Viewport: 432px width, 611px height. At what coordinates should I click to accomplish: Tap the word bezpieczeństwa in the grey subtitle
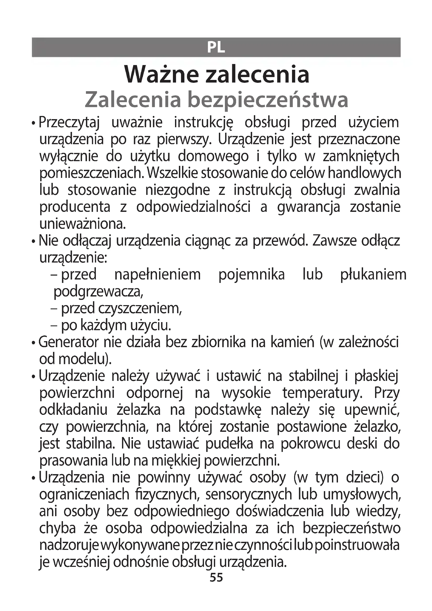click(268, 100)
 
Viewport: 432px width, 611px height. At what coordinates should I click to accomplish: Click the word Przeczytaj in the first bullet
click(69, 123)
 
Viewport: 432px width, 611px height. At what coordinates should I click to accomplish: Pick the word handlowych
click(364, 173)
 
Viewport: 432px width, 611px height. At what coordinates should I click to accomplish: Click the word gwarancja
click(308, 207)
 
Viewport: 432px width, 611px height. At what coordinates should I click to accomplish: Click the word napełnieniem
click(157, 275)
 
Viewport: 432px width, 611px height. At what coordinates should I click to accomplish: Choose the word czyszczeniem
click(140, 309)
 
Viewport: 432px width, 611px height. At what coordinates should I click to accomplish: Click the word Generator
click(69, 342)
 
